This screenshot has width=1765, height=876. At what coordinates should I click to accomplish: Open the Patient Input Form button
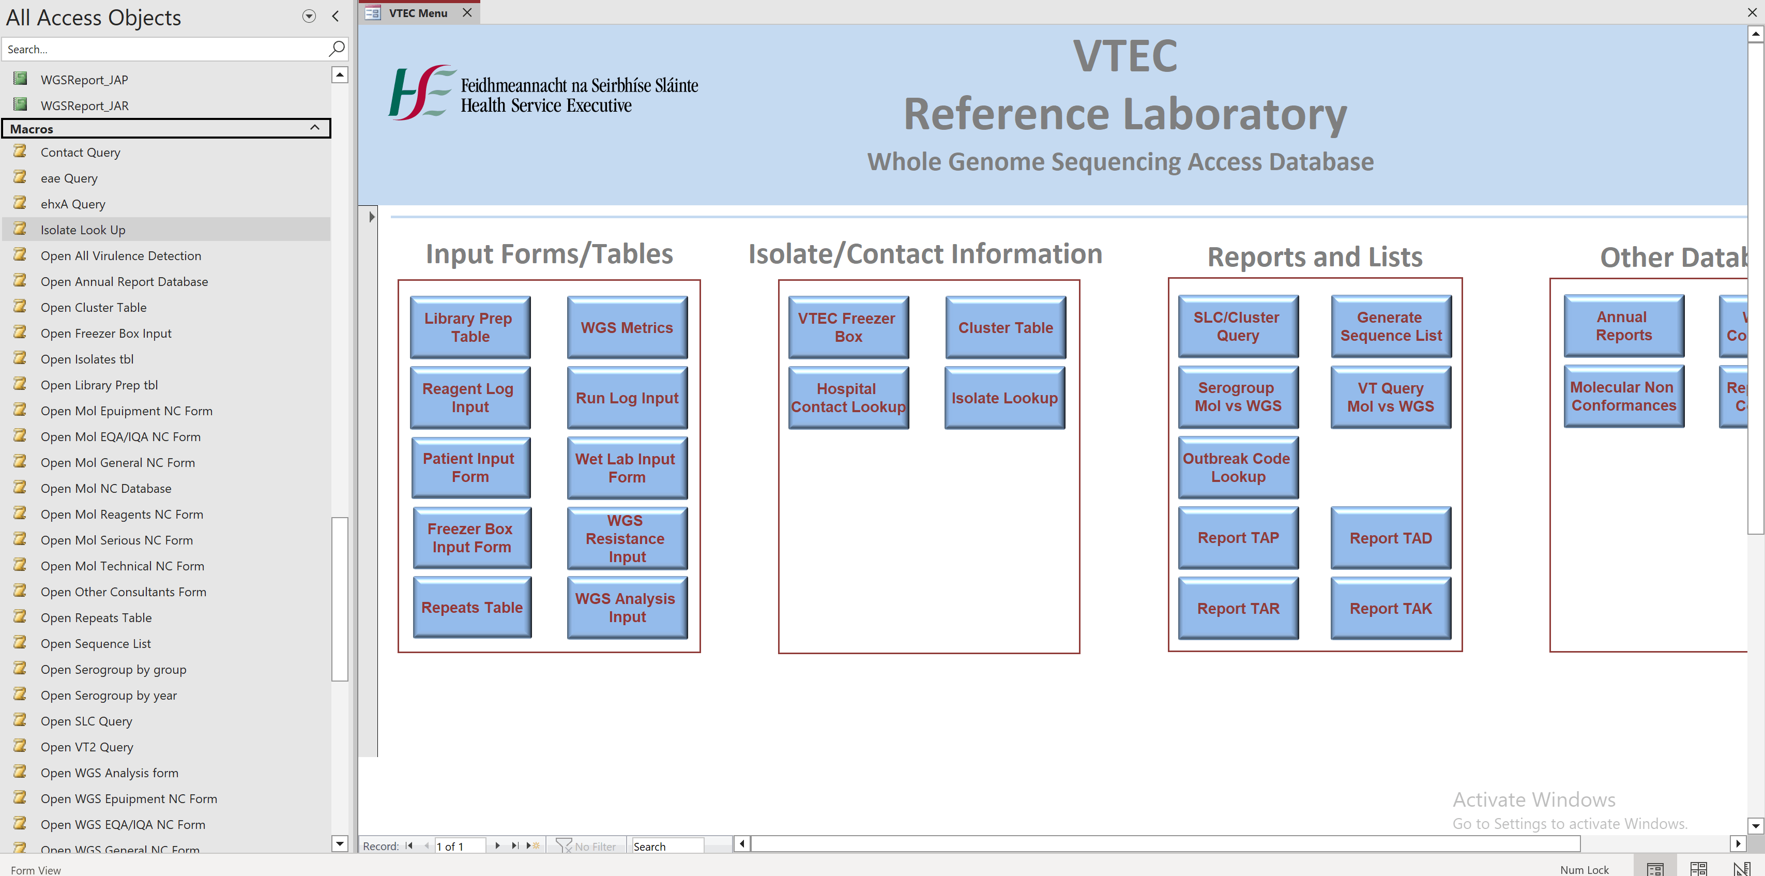tap(470, 467)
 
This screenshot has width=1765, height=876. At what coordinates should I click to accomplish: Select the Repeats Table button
tap(471, 607)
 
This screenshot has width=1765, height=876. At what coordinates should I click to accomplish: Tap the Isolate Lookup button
tap(1004, 398)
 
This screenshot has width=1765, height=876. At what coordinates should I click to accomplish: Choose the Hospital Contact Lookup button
tap(847, 398)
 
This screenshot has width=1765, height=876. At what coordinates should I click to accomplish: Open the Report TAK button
tap(1390, 608)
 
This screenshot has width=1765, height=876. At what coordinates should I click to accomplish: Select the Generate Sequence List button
tap(1390, 326)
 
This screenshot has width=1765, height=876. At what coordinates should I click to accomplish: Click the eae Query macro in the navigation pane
tap(69, 178)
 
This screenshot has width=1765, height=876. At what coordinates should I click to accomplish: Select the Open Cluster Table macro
tap(93, 308)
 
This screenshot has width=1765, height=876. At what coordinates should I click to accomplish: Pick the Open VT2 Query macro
tap(86, 747)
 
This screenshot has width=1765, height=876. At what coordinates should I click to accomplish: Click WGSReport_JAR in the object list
tap(84, 105)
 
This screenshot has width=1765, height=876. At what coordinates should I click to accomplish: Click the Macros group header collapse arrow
tap(314, 128)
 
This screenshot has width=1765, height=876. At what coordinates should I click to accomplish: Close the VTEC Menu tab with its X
tap(467, 12)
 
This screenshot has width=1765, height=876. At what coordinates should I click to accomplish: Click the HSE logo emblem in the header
tap(419, 93)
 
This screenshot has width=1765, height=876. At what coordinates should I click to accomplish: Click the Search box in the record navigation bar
tap(666, 846)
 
